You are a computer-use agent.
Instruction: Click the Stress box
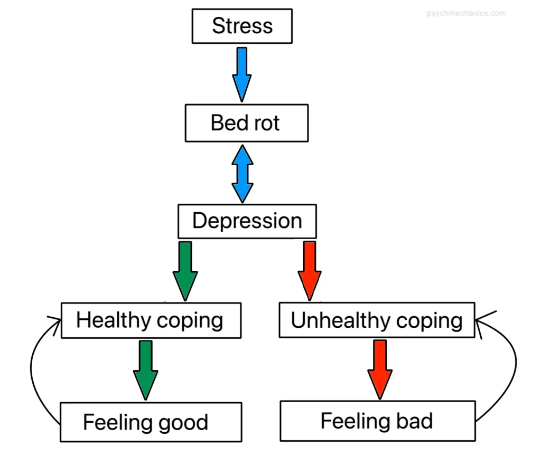242,26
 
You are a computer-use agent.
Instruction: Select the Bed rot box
246,123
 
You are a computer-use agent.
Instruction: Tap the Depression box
247,221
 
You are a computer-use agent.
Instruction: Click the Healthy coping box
151,320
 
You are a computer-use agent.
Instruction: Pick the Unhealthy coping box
377,320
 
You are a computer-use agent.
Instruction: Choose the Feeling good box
151,422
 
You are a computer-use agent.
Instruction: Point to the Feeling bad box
377,421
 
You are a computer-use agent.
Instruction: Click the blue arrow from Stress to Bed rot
241,74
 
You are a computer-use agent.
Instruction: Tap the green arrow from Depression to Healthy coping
185,270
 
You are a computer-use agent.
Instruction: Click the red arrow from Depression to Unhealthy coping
310,270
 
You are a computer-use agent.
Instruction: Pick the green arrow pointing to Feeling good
145,369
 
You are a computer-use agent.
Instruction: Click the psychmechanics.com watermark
466,13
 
